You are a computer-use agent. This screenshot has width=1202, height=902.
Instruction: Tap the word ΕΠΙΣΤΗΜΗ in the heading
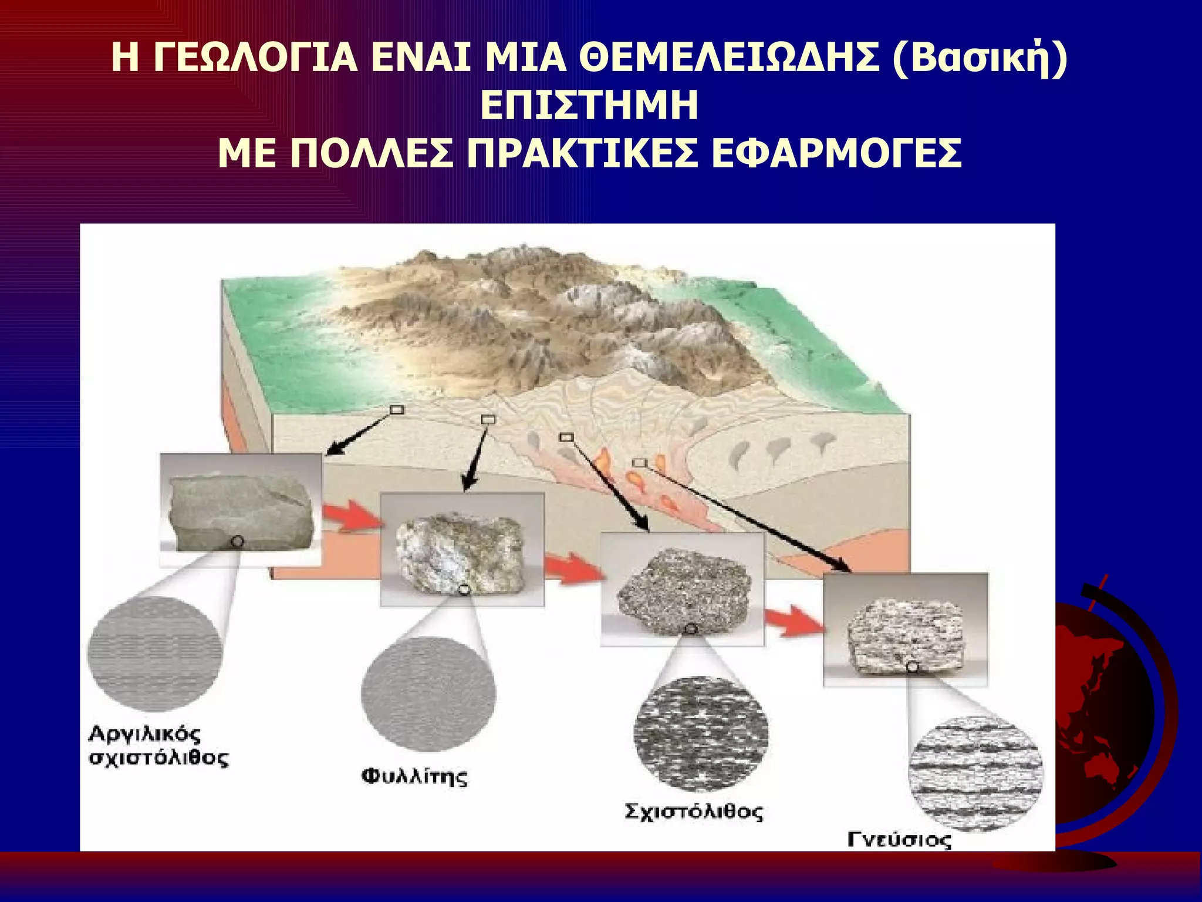tap(589, 106)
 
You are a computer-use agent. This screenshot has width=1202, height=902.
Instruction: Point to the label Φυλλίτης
tap(414, 776)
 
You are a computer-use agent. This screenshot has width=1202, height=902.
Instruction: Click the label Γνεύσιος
tap(899, 840)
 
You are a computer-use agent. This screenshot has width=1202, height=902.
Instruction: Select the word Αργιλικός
tap(144, 734)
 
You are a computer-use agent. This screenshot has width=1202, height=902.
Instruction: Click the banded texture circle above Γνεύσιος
tap(975, 774)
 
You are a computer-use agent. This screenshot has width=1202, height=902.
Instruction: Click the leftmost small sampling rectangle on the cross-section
tap(397, 410)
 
